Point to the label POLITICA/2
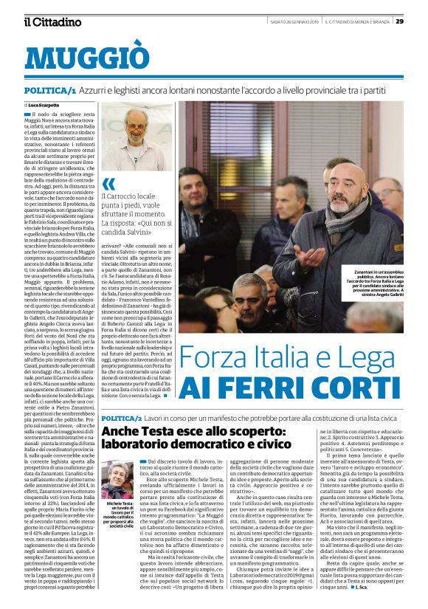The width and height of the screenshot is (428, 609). coord(127,419)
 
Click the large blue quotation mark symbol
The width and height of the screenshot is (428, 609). coord(109,184)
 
